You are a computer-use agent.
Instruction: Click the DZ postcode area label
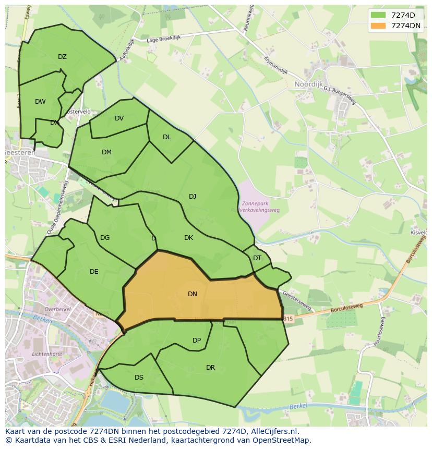click(x=62, y=57)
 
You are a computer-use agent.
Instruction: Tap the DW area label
click(x=40, y=102)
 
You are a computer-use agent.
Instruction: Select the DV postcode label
click(x=119, y=118)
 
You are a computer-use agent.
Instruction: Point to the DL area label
click(x=166, y=137)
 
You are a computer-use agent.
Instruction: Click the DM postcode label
click(x=106, y=152)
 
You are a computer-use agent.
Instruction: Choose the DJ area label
click(x=193, y=197)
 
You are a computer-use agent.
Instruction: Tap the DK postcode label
click(x=188, y=238)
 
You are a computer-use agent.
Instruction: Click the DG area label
click(x=105, y=238)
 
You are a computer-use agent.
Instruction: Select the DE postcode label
click(x=94, y=272)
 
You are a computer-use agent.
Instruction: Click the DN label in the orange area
click(x=193, y=294)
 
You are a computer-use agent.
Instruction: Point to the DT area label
click(x=257, y=258)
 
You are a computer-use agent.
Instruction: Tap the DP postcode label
click(x=197, y=341)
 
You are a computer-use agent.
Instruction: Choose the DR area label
click(x=210, y=368)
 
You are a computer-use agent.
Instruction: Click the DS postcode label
click(x=139, y=378)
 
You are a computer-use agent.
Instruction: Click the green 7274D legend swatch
click(x=378, y=15)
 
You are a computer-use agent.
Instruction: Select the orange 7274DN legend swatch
click(x=378, y=25)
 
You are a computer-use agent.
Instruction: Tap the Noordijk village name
click(x=309, y=84)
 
